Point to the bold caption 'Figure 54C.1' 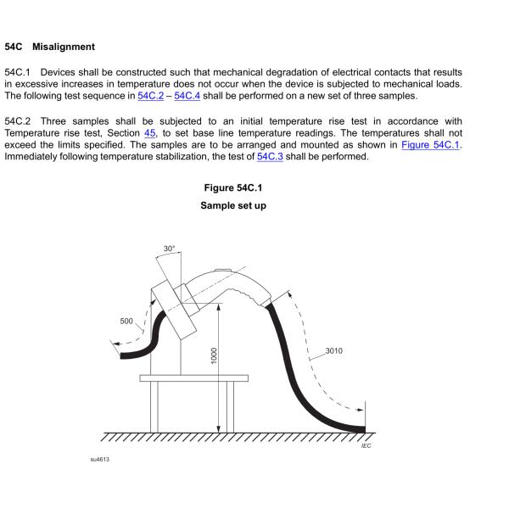pyautogui.click(x=232, y=187)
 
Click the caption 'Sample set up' pyautogui.click(x=232, y=205)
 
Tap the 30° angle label pyautogui.click(x=170, y=249)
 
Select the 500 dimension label pyautogui.click(x=126, y=321)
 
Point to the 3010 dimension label pyautogui.click(x=333, y=350)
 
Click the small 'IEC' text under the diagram pyautogui.click(x=366, y=445)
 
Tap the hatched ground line pyautogui.click(x=238, y=437)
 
